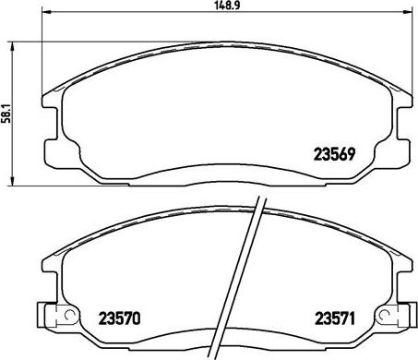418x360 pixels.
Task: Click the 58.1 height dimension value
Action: pos(6,114)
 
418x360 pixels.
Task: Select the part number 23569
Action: pos(334,154)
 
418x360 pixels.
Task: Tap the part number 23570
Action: pos(119,318)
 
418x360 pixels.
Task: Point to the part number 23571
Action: pos(335,318)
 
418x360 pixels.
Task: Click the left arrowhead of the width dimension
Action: pos(46,12)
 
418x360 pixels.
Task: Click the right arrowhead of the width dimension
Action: pos(407,12)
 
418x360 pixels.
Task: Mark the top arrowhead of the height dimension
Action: pos(12,46)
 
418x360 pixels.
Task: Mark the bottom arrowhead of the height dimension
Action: pos(12,181)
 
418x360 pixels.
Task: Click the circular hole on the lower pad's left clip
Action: pos(70,315)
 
